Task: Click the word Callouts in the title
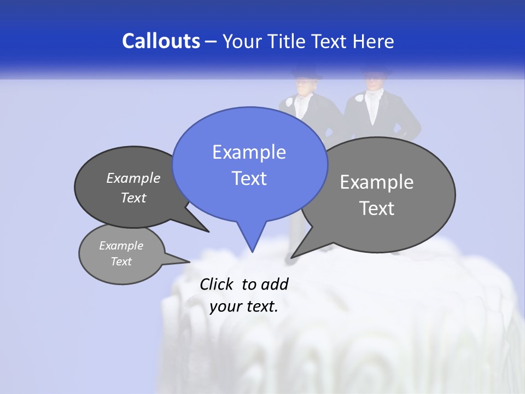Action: tap(161, 41)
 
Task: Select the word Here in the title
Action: tap(373, 41)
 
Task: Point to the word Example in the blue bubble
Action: tap(249, 152)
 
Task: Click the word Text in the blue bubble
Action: tap(249, 178)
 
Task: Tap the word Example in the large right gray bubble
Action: tap(376, 182)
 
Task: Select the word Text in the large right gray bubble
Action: tap(377, 208)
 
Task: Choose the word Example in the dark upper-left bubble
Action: tap(133, 178)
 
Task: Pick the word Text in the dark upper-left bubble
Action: tap(133, 198)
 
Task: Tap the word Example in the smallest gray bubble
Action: tap(121, 246)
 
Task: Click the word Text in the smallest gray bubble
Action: tap(121, 262)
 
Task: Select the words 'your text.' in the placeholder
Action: tap(243, 306)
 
